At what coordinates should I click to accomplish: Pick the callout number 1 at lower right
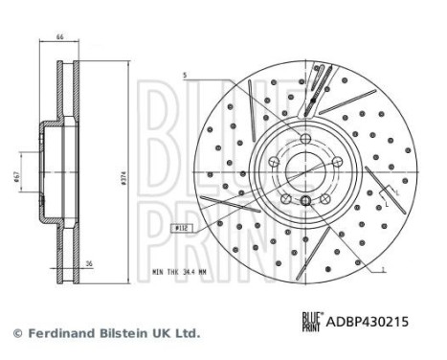coord(382,272)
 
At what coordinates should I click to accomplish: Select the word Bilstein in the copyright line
coord(129,333)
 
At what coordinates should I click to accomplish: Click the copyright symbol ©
coord(16,333)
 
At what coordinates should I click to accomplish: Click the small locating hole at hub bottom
coord(304,200)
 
